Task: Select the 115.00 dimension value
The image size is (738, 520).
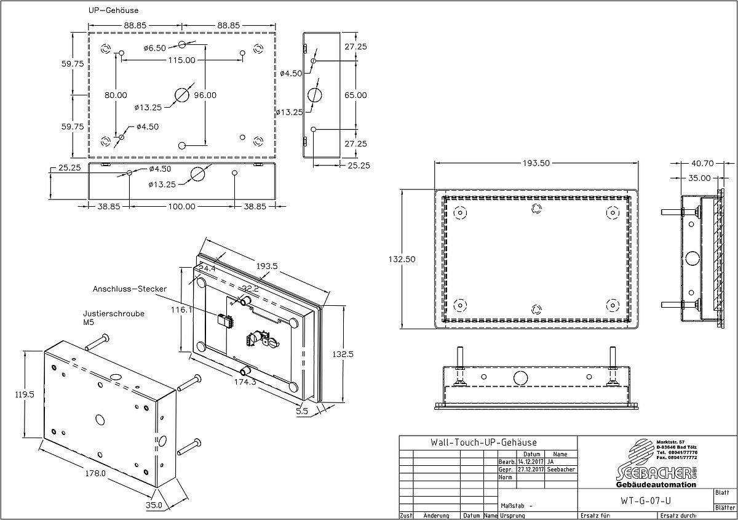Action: pyautogui.click(x=181, y=60)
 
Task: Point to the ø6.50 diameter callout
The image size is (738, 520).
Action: pyautogui.click(x=154, y=48)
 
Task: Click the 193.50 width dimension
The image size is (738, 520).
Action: pyautogui.click(x=537, y=163)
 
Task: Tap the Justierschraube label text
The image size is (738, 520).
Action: pyautogui.click(x=114, y=313)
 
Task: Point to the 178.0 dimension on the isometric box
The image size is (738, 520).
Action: pyautogui.click(x=95, y=473)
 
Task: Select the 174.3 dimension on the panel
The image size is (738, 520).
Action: pyautogui.click(x=245, y=382)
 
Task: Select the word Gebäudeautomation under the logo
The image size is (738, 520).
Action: pyautogui.click(x=656, y=485)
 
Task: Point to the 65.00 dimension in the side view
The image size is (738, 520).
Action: pyautogui.click(x=355, y=95)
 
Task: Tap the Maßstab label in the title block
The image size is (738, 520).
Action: pyautogui.click(x=513, y=505)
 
